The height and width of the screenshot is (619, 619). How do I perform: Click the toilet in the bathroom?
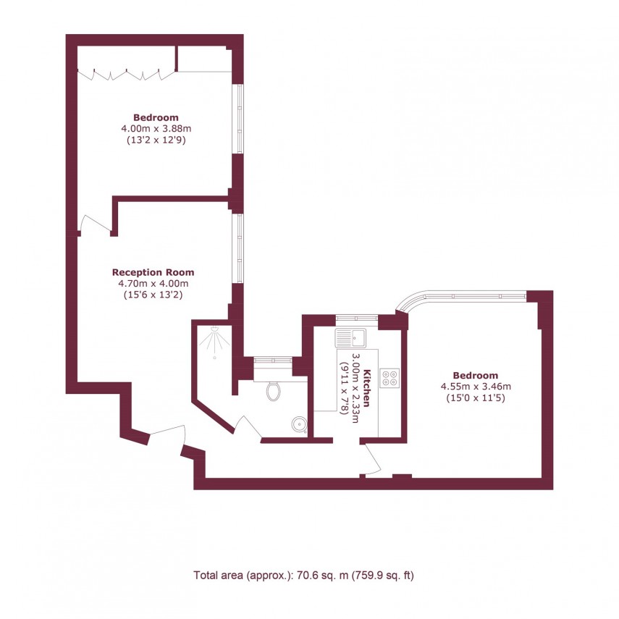point(273,392)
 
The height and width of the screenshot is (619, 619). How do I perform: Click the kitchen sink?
point(352,337)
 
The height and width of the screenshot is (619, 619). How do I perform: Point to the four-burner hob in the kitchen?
point(389,378)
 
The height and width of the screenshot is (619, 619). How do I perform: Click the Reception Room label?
point(153,272)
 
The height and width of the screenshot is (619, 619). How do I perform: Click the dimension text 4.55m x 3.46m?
point(476,386)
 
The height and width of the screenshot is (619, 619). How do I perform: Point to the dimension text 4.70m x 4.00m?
point(153,283)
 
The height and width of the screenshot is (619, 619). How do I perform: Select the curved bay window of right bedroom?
point(463,295)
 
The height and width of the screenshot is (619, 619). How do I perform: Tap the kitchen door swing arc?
point(374,459)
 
